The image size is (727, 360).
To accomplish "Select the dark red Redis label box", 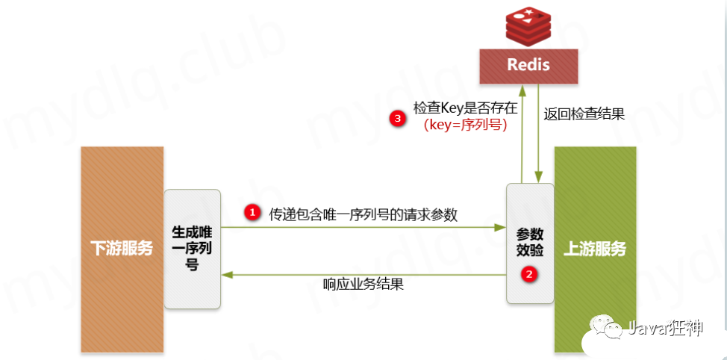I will click(528, 64).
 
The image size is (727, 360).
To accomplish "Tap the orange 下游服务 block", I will click(122, 249).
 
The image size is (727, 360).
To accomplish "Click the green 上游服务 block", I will click(595, 249).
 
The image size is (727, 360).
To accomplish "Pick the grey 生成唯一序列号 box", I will click(193, 247).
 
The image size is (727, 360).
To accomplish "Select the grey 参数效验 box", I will click(530, 243).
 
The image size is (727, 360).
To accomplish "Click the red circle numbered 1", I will click(253, 213).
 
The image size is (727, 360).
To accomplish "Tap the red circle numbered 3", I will click(398, 118).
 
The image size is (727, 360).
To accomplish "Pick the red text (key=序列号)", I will click(465, 125).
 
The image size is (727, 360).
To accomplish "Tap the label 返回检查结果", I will click(584, 114).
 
